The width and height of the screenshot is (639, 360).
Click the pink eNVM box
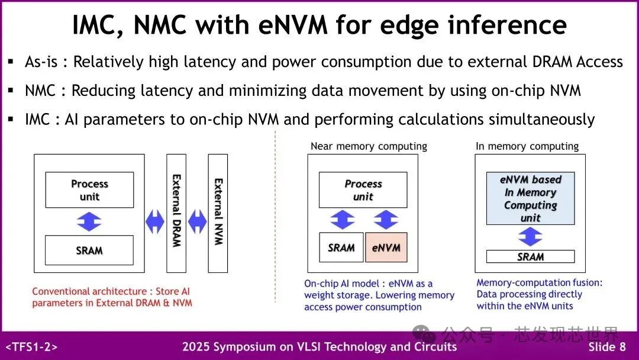pyautogui.click(x=386, y=248)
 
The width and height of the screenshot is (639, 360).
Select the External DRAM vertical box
pyautogui.click(x=176, y=213)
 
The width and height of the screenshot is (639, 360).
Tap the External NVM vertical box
pyautogui.click(x=218, y=213)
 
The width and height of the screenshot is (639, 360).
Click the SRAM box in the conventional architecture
pyautogui.click(x=89, y=250)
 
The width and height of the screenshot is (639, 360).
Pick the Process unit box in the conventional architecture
pyautogui.click(x=89, y=190)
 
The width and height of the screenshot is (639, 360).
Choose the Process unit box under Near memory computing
pyautogui.click(x=363, y=190)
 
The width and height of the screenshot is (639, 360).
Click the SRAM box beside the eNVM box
pyautogui.click(x=341, y=248)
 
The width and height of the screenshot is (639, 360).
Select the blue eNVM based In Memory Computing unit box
pyautogui.click(x=530, y=198)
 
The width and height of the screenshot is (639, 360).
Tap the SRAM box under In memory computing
pyautogui.click(x=530, y=256)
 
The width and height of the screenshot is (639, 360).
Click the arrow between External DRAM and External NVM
pyautogui.click(x=197, y=222)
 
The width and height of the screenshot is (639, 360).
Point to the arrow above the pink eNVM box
pyautogui.click(x=386, y=220)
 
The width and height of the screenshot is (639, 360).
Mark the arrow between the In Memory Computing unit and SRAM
pyautogui.click(x=530, y=237)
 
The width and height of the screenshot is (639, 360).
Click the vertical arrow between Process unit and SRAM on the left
pyautogui.click(x=89, y=221)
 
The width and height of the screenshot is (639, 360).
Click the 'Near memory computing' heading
pyautogui.click(x=369, y=146)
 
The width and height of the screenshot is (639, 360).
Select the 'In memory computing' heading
pyautogui.click(x=527, y=146)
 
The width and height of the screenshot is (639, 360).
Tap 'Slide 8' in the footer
pyautogui.click(x=606, y=347)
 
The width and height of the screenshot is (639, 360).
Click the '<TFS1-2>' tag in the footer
pyautogui.click(x=31, y=347)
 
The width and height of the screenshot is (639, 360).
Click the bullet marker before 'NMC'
pyautogui.click(x=11, y=91)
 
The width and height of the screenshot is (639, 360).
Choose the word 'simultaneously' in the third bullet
pyautogui.click(x=541, y=119)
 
